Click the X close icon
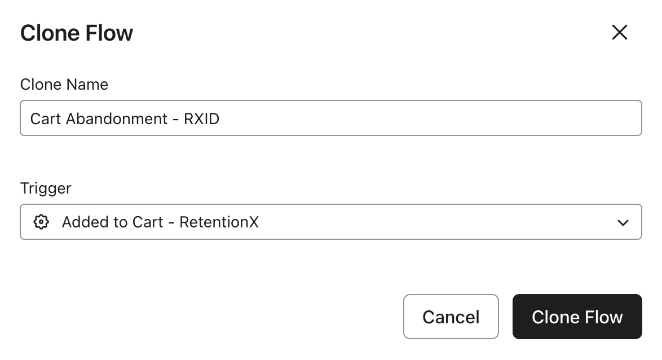pyautogui.click(x=619, y=32)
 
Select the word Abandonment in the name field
pyautogui.click(x=117, y=118)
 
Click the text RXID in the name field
pyautogui.click(x=201, y=118)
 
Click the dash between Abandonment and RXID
pyautogui.click(x=175, y=120)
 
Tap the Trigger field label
pyautogui.click(x=46, y=188)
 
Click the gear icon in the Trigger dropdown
pyautogui.click(x=41, y=222)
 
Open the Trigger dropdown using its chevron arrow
pyautogui.click(x=623, y=222)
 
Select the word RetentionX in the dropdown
pyautogui.click(x=219, y=222)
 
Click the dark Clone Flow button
pyautogui.click(x=577, y=317)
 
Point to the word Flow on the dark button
pyautogui.click(x=604, y=317)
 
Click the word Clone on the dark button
pyautogui.click(x=556, y=317)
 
